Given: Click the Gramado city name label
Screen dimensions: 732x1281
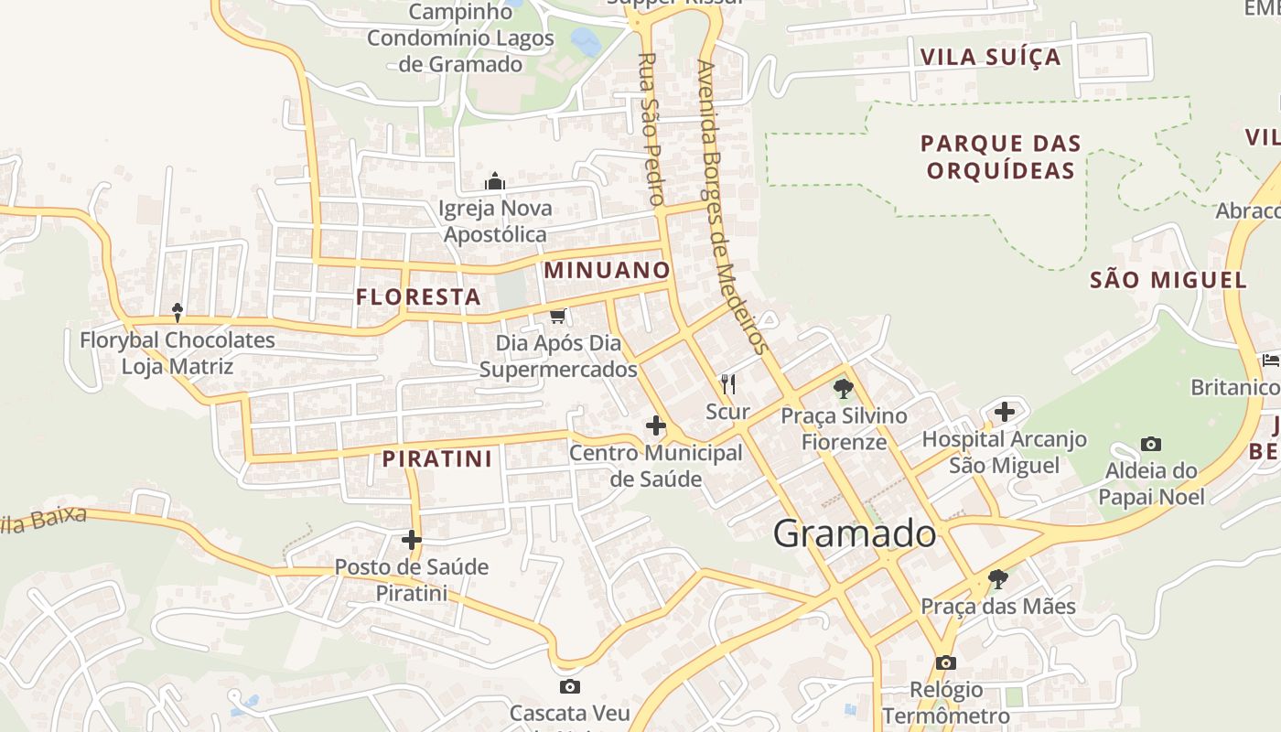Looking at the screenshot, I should pos(855,533).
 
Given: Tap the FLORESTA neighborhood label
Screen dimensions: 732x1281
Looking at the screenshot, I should pos(418,296).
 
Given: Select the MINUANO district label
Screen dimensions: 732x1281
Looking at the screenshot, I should pos(608,270).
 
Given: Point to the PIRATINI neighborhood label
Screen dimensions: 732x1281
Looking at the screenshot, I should pos(437,458).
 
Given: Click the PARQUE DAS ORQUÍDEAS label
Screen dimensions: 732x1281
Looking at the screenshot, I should pos(1001,156).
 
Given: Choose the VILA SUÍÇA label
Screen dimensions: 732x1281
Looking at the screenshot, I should pos(991,57).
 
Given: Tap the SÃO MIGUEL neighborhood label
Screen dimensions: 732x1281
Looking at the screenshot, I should pos(1168,280).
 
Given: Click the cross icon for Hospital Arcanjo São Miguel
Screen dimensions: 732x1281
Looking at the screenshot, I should pos(1005,412).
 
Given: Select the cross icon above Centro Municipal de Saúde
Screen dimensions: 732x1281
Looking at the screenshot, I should pos(655,425).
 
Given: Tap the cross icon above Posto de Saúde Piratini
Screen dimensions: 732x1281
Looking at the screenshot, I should pos(412,540).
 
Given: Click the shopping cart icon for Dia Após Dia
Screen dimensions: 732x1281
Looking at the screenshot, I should pos(557,317).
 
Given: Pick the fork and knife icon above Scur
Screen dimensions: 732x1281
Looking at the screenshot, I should pos(728,383).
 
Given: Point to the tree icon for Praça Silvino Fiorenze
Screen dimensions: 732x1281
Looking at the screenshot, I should pos(844,389).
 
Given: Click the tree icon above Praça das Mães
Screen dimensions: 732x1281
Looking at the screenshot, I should pos(998,579).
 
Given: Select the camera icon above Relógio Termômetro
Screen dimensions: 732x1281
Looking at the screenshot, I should pos(945,662).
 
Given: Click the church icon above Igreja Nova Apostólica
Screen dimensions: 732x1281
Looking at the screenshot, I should pos(495,181).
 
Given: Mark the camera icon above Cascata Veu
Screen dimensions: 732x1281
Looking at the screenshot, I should pos(569,686).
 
